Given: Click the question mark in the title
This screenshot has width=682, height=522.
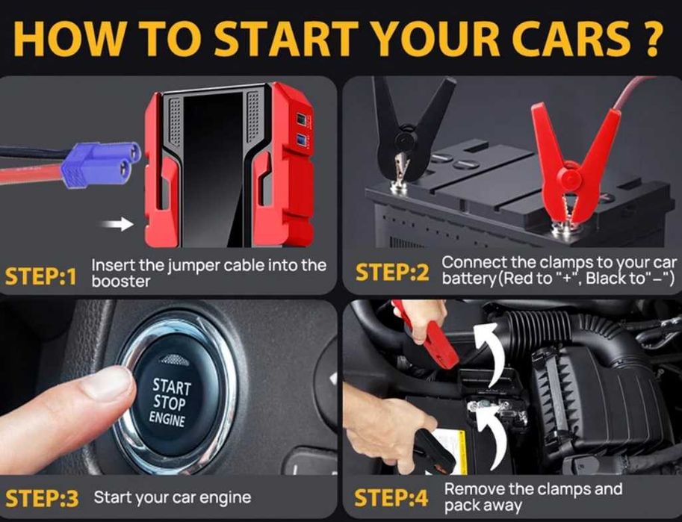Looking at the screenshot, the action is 650,38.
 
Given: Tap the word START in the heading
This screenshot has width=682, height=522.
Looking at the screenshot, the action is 286,38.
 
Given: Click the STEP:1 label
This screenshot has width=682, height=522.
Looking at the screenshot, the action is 41,276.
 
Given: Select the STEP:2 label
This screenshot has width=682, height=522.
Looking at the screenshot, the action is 392,273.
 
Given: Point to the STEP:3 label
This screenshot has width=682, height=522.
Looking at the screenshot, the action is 42,499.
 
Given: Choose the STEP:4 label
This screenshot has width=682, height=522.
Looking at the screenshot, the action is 391,498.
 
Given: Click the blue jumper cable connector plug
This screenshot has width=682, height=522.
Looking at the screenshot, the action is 101,164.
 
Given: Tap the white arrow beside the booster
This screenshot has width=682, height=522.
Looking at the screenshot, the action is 117,224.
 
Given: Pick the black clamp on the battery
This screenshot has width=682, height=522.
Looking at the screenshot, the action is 411,131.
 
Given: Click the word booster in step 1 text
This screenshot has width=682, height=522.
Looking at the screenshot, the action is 121,282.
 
